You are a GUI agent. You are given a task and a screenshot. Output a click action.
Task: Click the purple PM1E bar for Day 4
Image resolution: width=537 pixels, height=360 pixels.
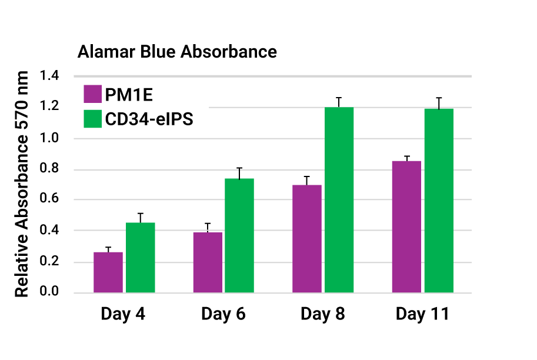[x=108, y=272]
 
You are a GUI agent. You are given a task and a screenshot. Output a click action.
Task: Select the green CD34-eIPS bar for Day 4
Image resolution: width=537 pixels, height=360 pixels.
[x=140, y=258]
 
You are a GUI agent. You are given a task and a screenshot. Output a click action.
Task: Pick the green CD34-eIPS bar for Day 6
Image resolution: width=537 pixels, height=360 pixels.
[x=239, y=235]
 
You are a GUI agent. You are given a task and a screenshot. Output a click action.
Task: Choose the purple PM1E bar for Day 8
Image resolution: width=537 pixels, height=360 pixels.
[x=307, y=239]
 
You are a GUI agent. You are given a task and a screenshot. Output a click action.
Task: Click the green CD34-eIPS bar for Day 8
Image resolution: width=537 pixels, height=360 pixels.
[x=339, y=200]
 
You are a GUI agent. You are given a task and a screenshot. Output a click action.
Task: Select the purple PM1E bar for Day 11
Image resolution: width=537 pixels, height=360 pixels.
[x=406, y=226]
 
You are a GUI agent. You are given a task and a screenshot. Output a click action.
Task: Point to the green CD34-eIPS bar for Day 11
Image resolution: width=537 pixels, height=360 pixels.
[x=439, y=201]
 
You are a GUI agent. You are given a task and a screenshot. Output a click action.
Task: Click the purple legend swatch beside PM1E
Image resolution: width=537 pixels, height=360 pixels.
[x=93, y=94]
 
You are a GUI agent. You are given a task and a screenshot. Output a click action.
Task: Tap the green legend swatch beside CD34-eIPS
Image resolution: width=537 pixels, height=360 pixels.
[x=93, y=119]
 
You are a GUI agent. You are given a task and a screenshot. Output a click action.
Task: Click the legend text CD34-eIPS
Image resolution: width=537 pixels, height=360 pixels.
[x=149, y=119]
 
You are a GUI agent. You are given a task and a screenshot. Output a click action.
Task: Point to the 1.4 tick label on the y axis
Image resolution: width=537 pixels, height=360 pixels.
[x=49, y=76]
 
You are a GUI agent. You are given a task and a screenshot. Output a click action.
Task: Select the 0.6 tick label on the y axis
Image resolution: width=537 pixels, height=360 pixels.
[x=49, y=200]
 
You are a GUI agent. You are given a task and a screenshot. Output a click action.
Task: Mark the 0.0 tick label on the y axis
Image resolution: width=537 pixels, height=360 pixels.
[x=49, y=292]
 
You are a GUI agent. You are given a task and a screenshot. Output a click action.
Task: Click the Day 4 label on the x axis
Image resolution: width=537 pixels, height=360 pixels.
[x=124, y=314]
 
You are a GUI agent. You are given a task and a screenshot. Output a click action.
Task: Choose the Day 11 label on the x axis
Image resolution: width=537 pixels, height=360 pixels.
[x=422, y=314]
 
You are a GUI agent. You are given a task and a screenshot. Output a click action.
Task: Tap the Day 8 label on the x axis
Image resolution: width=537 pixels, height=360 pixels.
[x=323, y=314]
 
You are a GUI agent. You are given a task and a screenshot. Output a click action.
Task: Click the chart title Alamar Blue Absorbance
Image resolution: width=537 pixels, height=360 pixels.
[x=177, y=52]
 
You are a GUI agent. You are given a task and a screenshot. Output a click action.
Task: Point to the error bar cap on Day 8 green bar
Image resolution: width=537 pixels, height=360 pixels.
[x=339, y=98]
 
